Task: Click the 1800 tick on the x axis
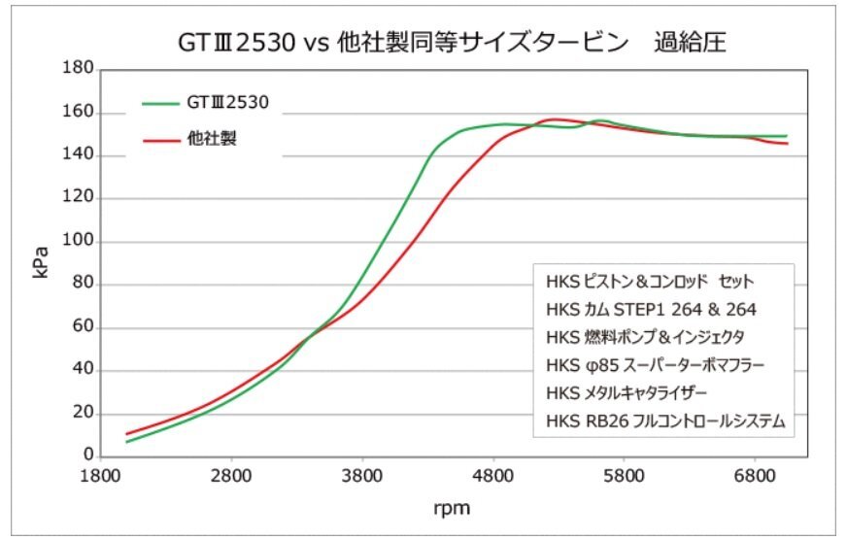click(100, 477)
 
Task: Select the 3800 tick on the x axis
click(362, 477)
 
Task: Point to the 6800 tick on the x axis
click(756, 477)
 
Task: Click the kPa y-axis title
click(41, 262)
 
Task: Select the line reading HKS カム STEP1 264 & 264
click(651, 310)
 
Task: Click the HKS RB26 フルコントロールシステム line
click(665, 422)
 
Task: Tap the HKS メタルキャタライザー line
click(627, 394)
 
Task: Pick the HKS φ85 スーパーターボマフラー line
click(656, 366)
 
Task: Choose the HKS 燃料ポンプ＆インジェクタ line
click(645, 338)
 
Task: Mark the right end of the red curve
click(787, 144)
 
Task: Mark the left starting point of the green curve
click(127, 442)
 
